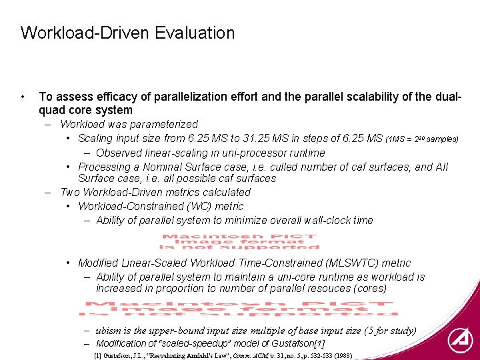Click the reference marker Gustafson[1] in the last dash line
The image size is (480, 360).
click(297, 343)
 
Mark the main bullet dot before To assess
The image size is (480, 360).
click(23, 97)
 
